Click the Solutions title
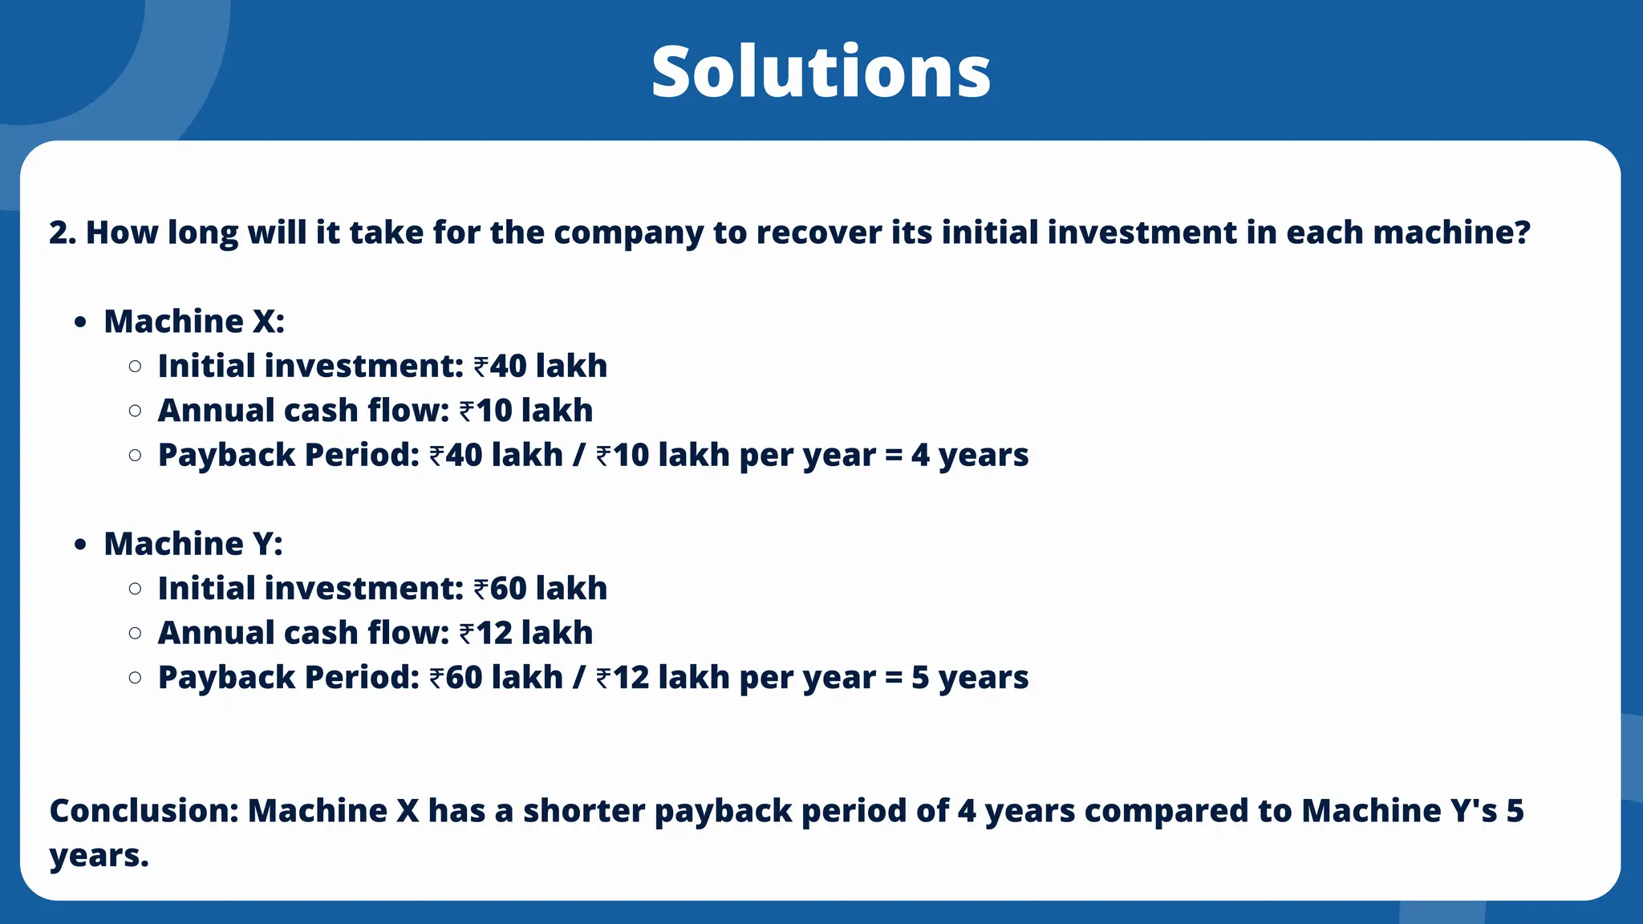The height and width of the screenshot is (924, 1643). click(821, 72)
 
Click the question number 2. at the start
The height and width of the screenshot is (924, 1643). click(63, 233)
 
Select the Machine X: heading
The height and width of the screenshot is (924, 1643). click(194, 321)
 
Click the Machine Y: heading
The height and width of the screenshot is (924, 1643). click(193, 544)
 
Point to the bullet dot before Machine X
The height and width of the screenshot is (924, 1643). click(79, 322)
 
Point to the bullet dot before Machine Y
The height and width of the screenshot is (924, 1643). click(79, 545)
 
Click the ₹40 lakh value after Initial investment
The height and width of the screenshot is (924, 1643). click(541, 366)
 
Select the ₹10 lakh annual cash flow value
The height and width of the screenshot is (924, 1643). click(526, 411)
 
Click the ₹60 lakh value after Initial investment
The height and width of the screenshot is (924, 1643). click(541, 588)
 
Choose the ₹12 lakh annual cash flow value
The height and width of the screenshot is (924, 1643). click(526, 633)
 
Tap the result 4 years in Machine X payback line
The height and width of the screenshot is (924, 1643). click(969, 455)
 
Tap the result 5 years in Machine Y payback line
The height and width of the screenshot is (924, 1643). click(969, 678)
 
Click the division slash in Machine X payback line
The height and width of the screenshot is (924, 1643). click(579, 455)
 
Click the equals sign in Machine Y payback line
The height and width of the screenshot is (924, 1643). click(894, 679)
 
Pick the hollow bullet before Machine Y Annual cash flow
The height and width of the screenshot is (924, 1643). click(136, 633)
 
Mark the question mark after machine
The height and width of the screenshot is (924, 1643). click(1522, 233)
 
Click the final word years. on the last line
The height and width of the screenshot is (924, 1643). click(99, 856)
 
